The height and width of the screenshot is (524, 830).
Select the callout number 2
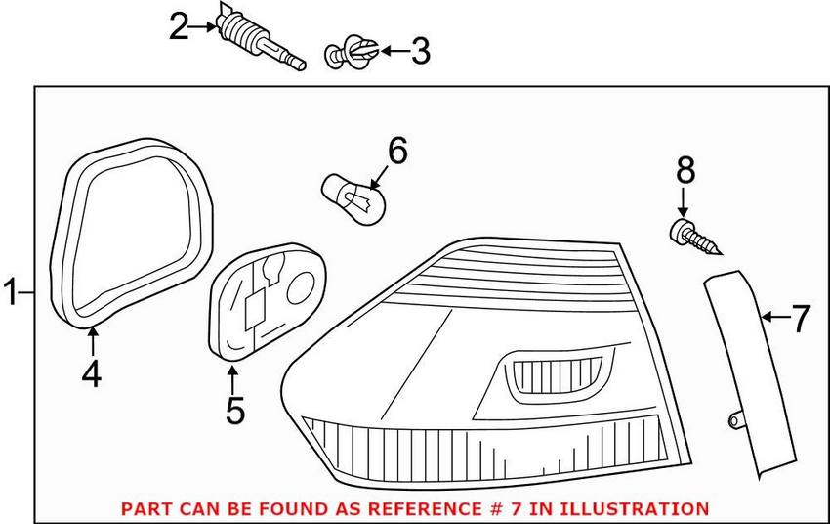[x=179, y=26]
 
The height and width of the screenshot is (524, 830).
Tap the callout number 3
[x=419, y=50]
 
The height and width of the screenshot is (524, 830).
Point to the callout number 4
[x=91, y=373]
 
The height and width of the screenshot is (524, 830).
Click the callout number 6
[x=397, y=152]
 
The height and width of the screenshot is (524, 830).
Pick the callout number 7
[x=800, y=318]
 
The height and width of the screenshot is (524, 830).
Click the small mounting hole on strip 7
[x=732, y=420]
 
